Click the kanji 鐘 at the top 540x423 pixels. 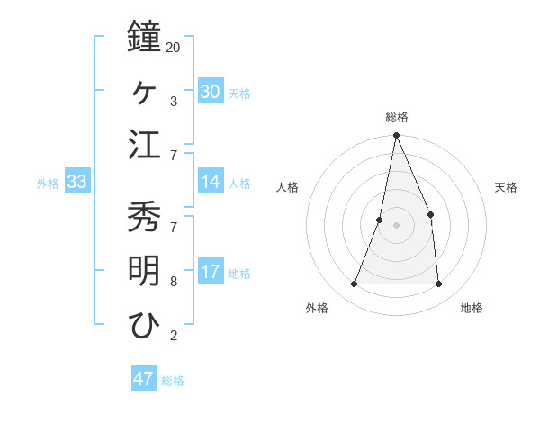click(x=145, y=38)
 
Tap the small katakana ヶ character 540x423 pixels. click(x=145, y=91)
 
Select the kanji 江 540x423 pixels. click(x=145, y=145)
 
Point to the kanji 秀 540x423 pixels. click(x=145, y=216)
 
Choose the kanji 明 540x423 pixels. click(x=145, y=271)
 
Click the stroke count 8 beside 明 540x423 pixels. click(x=173, y=281)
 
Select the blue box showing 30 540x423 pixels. click(x=211, y=92)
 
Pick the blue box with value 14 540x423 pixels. click(x=211, y=183)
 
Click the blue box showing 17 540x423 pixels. click(x=211, y=272)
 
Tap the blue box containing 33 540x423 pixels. click(x=76, y=183)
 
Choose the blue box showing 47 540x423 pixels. click(x=144, y=379)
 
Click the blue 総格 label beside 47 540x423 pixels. click(x=173, y=381)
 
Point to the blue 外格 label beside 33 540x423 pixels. click(x=48, y=184)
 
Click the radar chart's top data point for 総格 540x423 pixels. click(x=396, y=136)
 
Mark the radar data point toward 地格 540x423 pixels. click(x=438, y=284)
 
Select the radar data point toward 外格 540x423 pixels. click(x=355, y=284)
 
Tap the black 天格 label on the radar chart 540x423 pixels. click(x=506, y=187)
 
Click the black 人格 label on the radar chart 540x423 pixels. click(x=287, y=187)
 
